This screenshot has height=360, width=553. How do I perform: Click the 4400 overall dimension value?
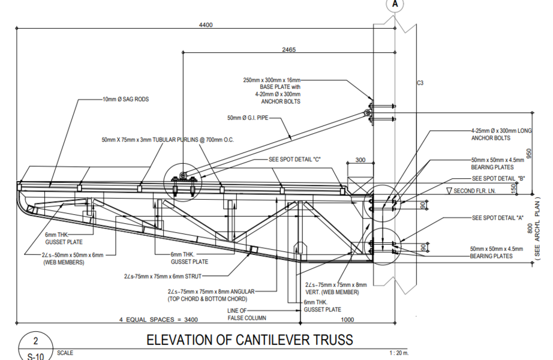click(x=205, y=25)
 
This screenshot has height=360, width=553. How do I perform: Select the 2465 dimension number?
click(x=288, y=50)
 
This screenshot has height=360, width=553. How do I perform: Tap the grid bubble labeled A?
click(x=395, y=4)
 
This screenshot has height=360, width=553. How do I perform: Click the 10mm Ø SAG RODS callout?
click(x=125, y=99)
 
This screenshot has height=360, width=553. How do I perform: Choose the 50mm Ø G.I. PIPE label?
click(x=247, y=118)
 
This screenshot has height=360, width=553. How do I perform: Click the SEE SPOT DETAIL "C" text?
click(x=295, y=160)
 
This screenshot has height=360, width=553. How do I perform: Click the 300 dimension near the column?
click(x=360, y=160)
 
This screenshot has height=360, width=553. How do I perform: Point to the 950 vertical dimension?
click(x=530, y=153)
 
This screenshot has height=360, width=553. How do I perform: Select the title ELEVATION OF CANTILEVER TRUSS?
click(x=250, y=340)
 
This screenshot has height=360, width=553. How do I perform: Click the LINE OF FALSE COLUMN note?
click(x=247, y=314)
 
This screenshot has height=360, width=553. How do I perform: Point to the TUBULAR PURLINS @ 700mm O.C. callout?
click(x=167, y=140)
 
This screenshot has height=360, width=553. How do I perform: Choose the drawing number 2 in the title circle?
click(x=35, y=341)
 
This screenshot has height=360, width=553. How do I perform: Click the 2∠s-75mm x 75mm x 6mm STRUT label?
click(x=169, y=277)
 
